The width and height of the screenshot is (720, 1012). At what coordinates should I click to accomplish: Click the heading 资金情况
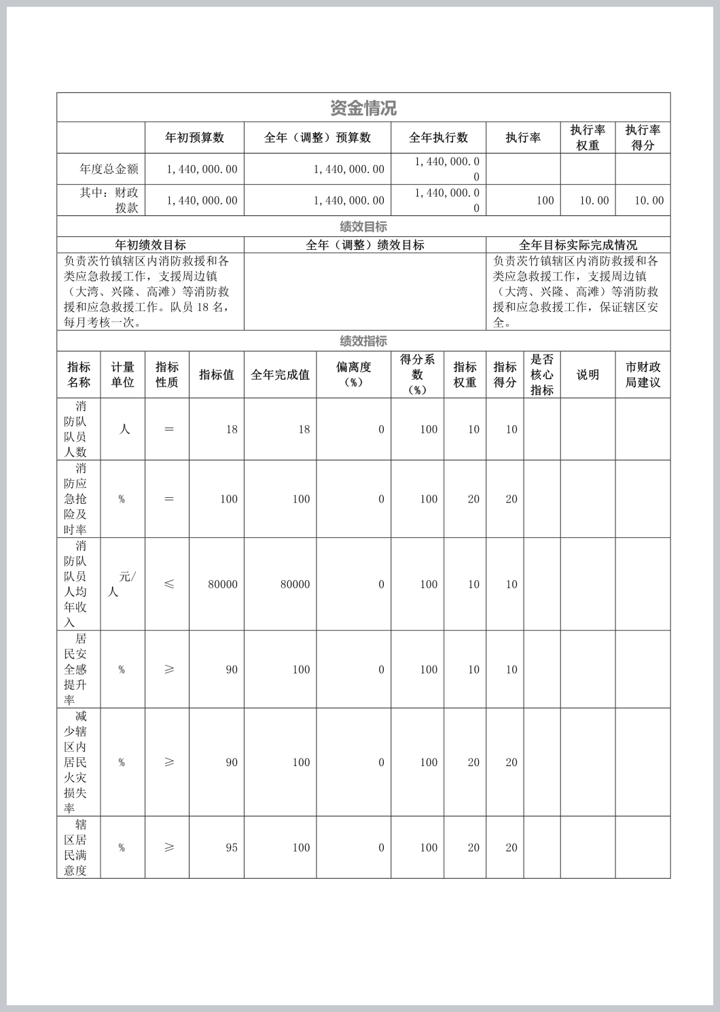363,108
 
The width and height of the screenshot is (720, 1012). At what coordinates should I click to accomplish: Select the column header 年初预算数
194,138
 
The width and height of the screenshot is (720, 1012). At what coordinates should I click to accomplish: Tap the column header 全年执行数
438,138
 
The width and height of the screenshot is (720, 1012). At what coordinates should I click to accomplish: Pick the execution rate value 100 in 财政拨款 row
545,200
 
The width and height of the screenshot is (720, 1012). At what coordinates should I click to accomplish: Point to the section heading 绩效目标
363,227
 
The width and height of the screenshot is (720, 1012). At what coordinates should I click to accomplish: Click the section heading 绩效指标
363,341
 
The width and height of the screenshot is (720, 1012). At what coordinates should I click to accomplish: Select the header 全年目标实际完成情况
578,245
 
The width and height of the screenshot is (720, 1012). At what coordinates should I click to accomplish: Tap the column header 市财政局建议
643,374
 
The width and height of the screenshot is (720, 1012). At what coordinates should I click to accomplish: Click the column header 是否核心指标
542,374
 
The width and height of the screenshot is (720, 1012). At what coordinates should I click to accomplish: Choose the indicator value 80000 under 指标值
223,584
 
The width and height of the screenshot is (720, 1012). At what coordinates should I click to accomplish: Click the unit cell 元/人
122,584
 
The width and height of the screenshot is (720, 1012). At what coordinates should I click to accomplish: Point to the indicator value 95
232,848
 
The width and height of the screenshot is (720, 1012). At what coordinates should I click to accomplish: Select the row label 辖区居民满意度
76,847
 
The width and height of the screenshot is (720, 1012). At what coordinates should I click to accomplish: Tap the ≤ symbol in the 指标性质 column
169,584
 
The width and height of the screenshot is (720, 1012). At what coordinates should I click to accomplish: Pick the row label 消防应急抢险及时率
76,499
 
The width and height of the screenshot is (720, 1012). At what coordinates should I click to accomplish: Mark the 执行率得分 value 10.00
649,200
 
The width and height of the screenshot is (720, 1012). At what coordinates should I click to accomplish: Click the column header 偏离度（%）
353,374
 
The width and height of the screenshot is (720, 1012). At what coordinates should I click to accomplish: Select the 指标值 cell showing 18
232,429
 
